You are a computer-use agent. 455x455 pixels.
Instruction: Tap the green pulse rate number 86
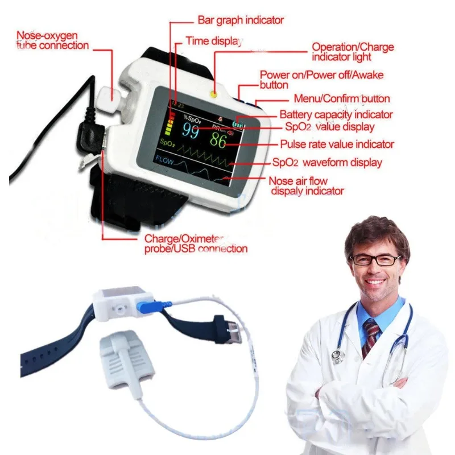click(x=218, y=139)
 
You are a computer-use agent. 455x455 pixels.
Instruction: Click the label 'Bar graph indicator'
click(x=240, y=20)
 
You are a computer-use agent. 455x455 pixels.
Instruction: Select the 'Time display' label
click(x=214, y=41)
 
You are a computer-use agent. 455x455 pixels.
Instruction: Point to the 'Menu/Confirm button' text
click(x=341, y=98)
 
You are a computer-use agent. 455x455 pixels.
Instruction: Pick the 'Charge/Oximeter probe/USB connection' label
click(x=195, y=243)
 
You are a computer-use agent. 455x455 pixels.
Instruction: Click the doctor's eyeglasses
click(x=375, y=259)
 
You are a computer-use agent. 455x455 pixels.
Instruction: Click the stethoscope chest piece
click(x=337, y=357)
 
